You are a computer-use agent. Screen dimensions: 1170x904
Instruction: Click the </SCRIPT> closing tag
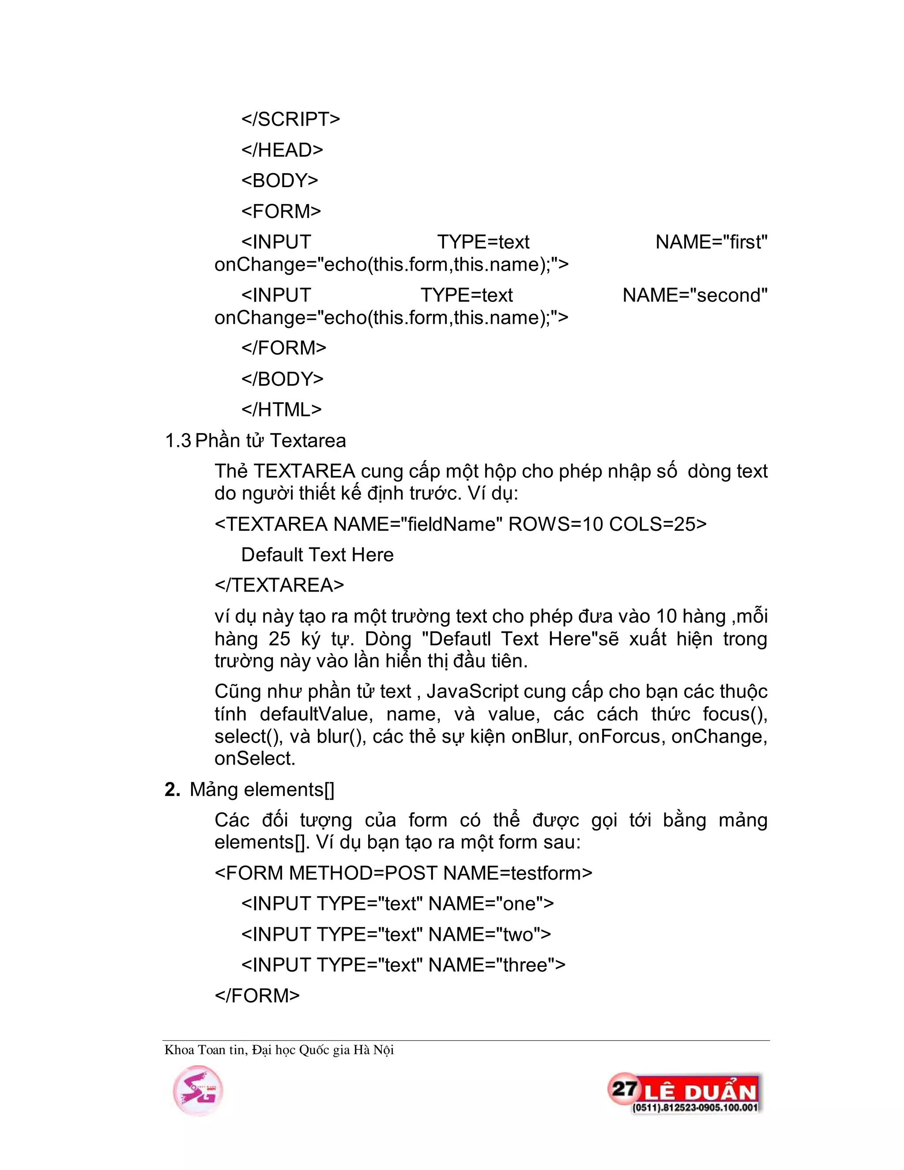[x=290, y=119]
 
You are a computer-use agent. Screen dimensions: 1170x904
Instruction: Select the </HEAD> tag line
[x=282, y=150]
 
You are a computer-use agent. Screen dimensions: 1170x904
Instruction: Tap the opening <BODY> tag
[x=279, y=181]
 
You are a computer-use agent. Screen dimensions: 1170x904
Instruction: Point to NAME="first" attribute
[x=711, y=242]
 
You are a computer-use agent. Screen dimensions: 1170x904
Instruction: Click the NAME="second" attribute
[x=695, y=295]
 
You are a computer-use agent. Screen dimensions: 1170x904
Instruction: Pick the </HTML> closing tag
[x=281, y=410]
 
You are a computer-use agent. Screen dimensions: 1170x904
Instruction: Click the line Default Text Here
[x=317, y=555]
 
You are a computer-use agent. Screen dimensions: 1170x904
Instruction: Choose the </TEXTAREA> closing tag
[x=279, y=585]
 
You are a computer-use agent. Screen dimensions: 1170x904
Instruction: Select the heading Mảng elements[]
[x=261, y=790]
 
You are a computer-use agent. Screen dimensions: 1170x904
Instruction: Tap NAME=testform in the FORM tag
[x=517, y=873]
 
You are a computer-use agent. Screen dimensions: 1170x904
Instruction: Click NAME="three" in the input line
[x=497, y=965]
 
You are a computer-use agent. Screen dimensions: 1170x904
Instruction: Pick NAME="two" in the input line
[x=490, y=934]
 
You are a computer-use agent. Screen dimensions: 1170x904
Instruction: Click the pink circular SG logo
[x=198, y=1091]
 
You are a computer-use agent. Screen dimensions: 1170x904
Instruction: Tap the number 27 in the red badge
[x=624, y=1089]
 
